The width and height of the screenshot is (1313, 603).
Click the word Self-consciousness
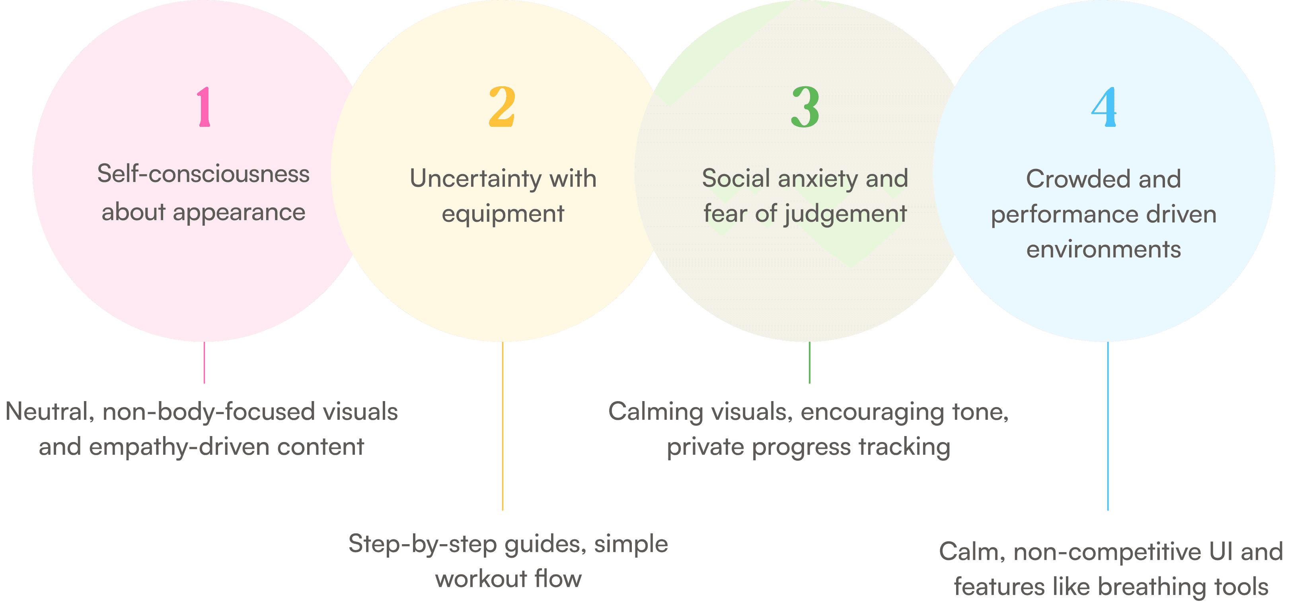203,174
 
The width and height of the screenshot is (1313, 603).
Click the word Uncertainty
475,179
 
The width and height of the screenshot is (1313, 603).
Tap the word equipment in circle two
503,214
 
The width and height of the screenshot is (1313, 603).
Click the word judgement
845,214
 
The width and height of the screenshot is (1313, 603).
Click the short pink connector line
205,362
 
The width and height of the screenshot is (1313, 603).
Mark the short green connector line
809,362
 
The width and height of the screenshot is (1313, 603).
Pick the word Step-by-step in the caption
423,544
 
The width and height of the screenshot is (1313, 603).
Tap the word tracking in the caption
905,447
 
